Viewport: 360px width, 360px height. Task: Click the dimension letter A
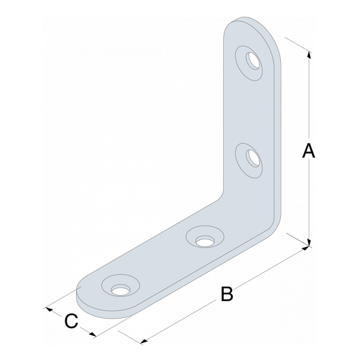308,151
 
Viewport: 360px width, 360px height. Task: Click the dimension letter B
227,293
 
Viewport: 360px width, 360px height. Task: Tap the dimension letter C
71,321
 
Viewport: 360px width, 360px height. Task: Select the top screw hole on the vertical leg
253,61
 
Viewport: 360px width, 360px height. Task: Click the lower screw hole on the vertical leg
253,158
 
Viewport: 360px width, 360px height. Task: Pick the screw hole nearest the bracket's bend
205,241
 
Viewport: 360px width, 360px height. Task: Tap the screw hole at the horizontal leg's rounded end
121,290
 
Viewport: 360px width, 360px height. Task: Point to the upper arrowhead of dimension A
309,55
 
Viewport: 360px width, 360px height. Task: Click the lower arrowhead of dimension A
309,242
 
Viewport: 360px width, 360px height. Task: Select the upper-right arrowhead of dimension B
305,248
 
